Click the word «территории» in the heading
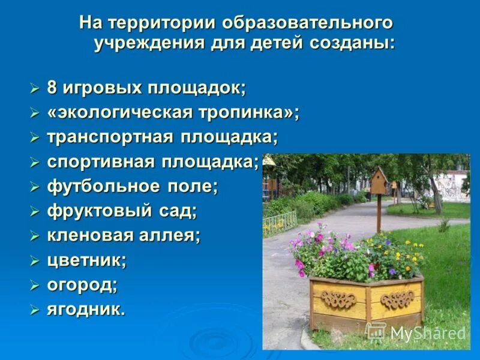click(x=160, y=24)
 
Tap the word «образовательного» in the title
click(x=308, y=24)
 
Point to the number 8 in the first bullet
click(x=52, y=88)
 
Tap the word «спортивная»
click(x=101, y=161)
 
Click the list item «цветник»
click(x=86, y=260)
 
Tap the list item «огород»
click(x=82, y=284)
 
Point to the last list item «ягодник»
click(x=86, y=309)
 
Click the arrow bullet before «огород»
click(x=34, y=285)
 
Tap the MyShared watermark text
click(x=427, y=334)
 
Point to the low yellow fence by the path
click(x=280, y=223)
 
